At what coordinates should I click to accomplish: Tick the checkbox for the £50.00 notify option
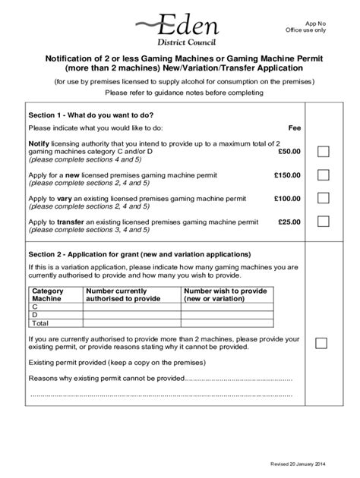322,152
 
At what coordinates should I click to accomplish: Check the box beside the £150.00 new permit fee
322,175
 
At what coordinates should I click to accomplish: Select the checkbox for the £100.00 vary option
322,198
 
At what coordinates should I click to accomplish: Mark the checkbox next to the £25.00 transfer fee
322,222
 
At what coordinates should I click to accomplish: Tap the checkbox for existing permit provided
322,343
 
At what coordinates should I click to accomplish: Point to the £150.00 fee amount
287,175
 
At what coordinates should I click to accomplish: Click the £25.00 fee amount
289,222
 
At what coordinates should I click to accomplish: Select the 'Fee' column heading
295,128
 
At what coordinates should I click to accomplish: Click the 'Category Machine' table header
46,295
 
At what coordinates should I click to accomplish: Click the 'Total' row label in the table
39,322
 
